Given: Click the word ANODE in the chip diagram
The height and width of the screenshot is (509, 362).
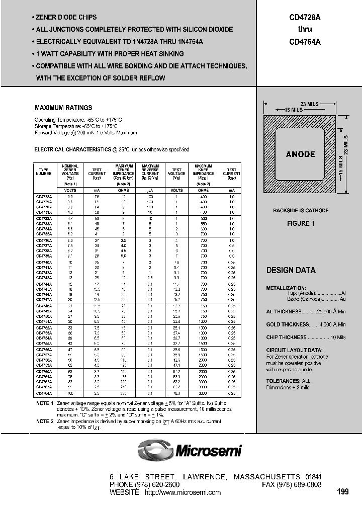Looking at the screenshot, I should point(300,154).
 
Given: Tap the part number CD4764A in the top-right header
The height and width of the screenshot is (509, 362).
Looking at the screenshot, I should point(305,43).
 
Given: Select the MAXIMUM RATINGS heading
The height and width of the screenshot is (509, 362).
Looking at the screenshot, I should point(63,108).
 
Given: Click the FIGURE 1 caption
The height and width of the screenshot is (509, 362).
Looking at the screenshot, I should point(301,224).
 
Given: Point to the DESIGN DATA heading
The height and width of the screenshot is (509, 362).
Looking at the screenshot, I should point(291,271).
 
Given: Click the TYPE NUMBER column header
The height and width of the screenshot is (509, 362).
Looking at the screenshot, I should point(44,172).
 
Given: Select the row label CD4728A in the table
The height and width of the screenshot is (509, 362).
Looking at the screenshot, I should point(44,197).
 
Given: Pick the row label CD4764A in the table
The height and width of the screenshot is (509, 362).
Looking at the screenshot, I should point(44,392).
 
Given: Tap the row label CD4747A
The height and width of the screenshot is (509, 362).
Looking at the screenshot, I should point(44,299).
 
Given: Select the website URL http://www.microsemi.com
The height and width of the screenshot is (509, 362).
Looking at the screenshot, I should point(183,492).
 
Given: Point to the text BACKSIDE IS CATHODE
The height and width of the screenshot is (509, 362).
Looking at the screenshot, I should point(301,210).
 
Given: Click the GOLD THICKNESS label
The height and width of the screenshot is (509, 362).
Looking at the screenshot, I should point(286,324).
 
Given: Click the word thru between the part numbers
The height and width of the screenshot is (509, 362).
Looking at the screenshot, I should point(305,30).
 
